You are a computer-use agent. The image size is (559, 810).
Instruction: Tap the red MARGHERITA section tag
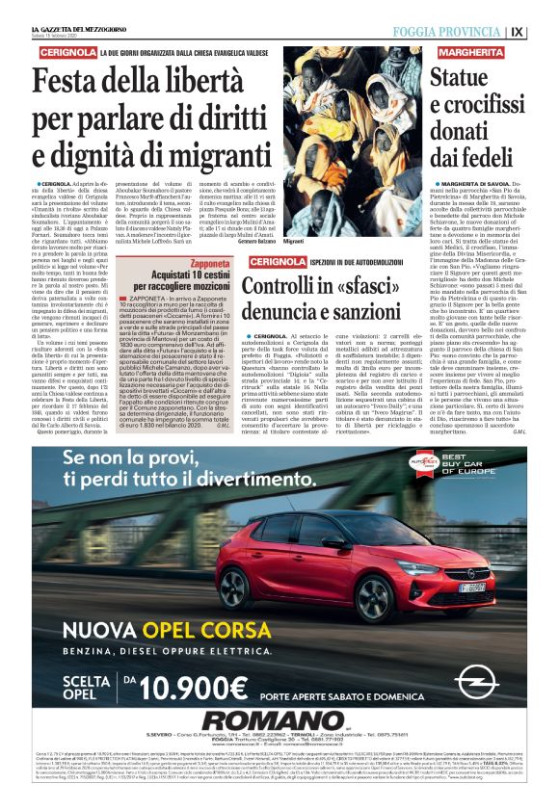[473, 50]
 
